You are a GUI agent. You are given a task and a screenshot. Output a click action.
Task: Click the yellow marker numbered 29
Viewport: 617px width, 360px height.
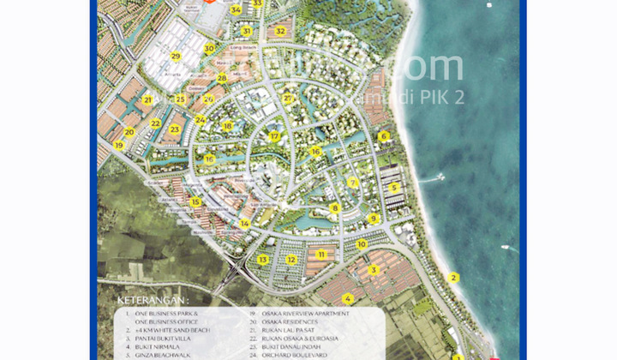176,57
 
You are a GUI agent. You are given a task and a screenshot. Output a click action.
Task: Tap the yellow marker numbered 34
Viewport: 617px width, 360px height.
236,10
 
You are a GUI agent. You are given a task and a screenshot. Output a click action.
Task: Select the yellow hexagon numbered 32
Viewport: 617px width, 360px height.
280,32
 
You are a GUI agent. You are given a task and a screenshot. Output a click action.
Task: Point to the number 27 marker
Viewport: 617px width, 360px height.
288,99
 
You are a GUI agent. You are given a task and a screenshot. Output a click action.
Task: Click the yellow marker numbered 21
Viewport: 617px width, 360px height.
147,100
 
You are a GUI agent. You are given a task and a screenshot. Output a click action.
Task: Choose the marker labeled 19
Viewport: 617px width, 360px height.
119,146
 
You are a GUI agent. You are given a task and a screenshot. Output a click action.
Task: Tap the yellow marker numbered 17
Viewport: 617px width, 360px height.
274,136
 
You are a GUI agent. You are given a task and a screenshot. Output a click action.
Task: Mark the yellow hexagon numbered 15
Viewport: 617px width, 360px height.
195,202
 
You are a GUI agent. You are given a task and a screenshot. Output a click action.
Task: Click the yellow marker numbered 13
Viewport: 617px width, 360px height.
263,259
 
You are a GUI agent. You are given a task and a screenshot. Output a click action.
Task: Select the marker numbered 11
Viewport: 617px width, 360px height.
321,254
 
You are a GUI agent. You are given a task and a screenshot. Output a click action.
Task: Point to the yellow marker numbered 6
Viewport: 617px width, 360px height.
384,135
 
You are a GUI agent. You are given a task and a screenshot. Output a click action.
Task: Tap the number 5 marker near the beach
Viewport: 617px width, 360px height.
394,188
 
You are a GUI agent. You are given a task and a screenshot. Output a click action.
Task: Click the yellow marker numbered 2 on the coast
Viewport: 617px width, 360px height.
454,277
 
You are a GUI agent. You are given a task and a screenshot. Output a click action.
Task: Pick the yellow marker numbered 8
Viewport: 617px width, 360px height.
335,207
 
